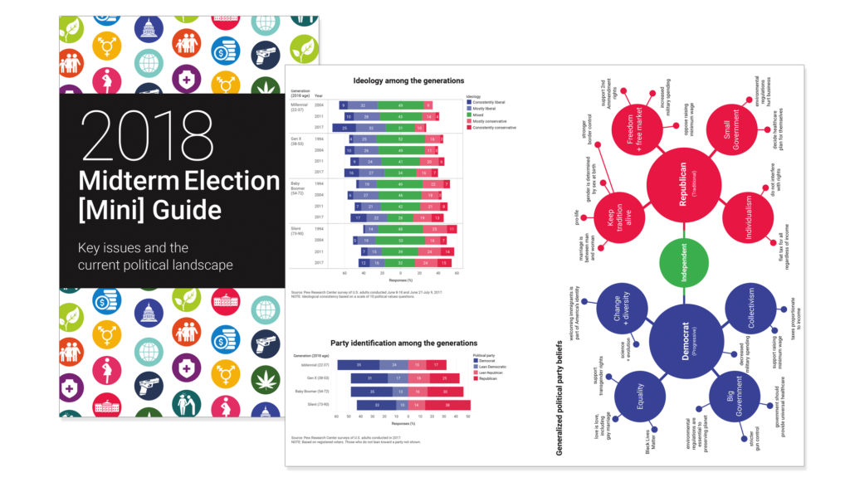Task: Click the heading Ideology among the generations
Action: pyautogui.click(x=408, y=80)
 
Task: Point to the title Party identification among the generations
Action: pyautogui.click(x=403, y=343)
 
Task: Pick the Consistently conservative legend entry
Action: pyautogui.click(x=496, y=128)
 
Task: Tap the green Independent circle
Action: pyautogui.click(x=683, y=264)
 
